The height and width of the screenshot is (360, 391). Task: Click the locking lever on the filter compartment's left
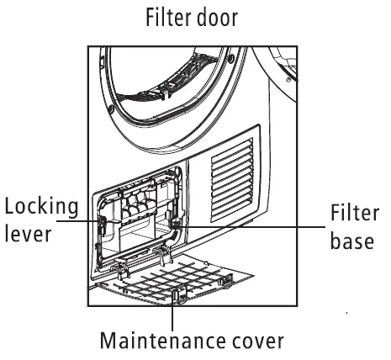(x=102, y=225)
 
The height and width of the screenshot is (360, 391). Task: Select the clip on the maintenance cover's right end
(x=226, y=281)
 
